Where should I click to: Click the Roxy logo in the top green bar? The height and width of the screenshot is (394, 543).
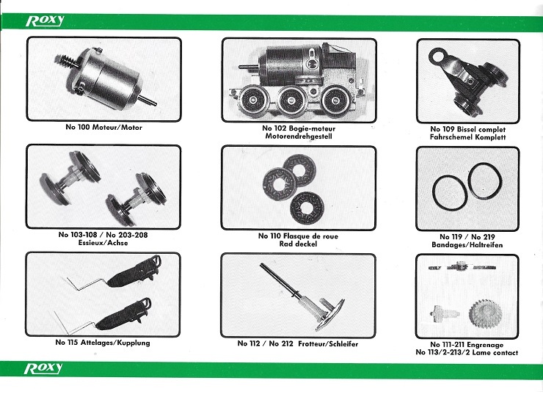[x=45, y=21]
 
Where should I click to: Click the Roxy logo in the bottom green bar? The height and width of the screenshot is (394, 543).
[x=43, y=368]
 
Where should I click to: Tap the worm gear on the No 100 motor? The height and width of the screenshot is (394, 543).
[x=67, y=62]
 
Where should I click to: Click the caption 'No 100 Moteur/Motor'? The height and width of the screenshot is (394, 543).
[x=104, y=128]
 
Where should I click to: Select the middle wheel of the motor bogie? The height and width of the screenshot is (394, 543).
[x=290, y=100]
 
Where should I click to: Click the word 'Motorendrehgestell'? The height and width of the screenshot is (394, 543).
[x=299, y=136]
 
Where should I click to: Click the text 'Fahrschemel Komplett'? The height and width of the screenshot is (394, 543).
[x=468, y=137]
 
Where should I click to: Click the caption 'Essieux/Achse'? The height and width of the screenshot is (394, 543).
[x=103, y=243]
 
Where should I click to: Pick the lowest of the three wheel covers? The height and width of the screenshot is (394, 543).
[x=307, y=208]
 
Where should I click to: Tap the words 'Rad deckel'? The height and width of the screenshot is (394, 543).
[x=298, y=244]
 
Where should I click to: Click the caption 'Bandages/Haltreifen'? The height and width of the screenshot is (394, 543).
[x=467, y=245]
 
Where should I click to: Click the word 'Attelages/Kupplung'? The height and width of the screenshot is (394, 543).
[x=115, y=343]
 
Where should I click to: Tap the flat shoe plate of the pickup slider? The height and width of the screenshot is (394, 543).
[x=329, y=315]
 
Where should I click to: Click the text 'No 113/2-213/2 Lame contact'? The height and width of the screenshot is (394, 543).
[x=467, y=353]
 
